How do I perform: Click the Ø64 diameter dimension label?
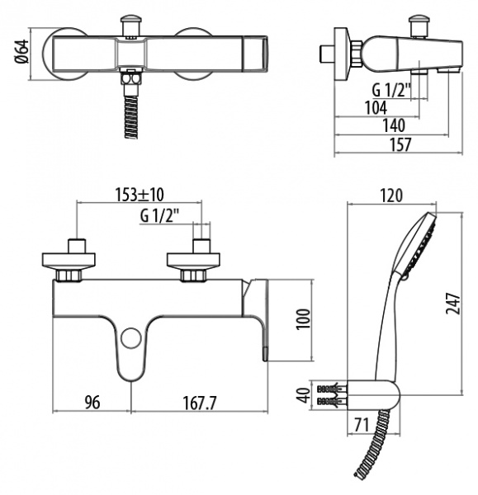click(x=22, y=51)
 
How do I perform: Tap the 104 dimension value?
click(x=376, y=108)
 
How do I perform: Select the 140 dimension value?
click(x=394, y=125)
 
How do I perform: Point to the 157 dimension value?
click(x=400, y=144)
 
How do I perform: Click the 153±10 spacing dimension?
click(x=140, y=195)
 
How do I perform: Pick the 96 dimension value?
click(x=92, y=403)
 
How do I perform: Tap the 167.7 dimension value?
click(x=200, y=403)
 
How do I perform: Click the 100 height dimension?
click(x=303, y=318)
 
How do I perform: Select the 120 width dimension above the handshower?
click(x=391, y=196)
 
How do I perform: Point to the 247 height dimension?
click(x=452, y=303)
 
